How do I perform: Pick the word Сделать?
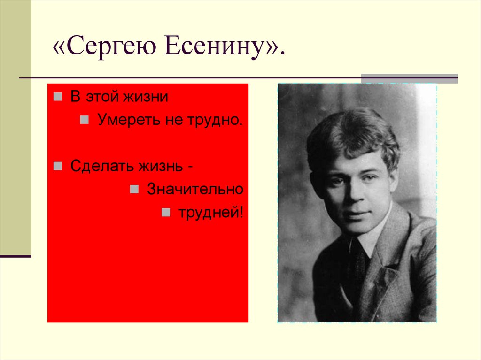pos(100,167)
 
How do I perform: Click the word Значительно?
pos(195,190)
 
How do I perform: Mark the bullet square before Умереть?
pos(84,120)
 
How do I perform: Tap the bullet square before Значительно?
pos(134,190)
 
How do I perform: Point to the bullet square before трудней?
pos(165,213)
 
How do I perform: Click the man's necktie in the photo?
pos(357,263)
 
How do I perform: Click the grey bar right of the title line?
pos(409,78)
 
